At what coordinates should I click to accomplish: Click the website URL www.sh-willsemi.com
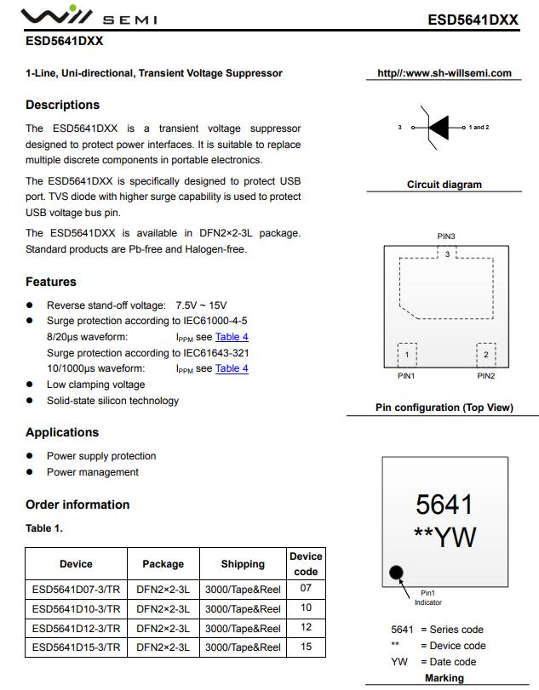(444, 73)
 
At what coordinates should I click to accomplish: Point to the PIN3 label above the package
(446, 237)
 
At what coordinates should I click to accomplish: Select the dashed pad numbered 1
(407, 355)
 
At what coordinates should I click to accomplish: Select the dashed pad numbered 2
(485, 355)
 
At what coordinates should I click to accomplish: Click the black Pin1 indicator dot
(396, 573)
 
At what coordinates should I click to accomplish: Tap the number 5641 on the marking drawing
(444, 505)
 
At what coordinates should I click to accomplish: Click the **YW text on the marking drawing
(444, 538)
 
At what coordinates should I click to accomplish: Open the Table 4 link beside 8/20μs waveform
(232, 337)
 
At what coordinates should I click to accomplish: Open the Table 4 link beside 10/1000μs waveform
(232, 368)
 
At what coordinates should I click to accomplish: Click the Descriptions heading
(62, 105)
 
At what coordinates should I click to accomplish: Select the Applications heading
(62, 432)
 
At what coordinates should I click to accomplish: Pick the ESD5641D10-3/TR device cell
(76, 609)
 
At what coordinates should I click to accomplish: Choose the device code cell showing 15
(306, 647)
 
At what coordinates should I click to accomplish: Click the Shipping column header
(243, 564)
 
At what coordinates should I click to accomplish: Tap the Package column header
(163, 564)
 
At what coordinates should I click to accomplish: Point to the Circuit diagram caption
(444, 185)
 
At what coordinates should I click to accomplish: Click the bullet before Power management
(30, 472)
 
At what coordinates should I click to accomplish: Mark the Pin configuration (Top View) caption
(444, 408)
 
